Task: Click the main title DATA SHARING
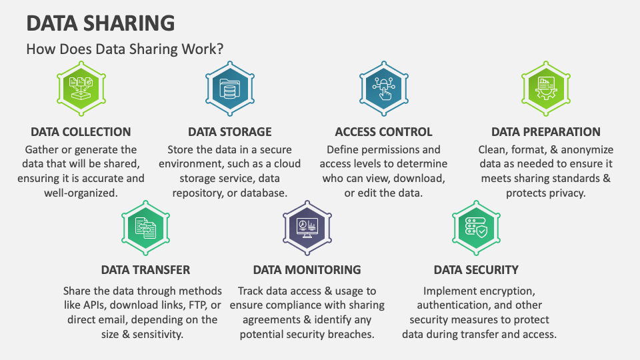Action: (101, 23)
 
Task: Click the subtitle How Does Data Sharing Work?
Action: (125, 49)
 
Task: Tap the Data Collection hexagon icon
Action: (81, 89)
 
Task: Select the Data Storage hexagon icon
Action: (230, 89)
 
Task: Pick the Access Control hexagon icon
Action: (384, 89)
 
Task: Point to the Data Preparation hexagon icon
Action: (546, 89)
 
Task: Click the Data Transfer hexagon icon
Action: (146, 228)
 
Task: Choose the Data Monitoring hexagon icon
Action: (307, 228)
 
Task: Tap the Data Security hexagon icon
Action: (476, 228)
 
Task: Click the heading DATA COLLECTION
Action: (81, 132)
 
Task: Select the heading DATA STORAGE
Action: (230, 132)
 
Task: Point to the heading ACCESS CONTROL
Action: (384, 132)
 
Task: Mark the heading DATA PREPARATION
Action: (546, 132)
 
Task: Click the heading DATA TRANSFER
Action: (146, 270)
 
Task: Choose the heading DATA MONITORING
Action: (307, 270)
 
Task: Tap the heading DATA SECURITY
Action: (476, 270)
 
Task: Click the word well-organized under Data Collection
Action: (81, 193)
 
